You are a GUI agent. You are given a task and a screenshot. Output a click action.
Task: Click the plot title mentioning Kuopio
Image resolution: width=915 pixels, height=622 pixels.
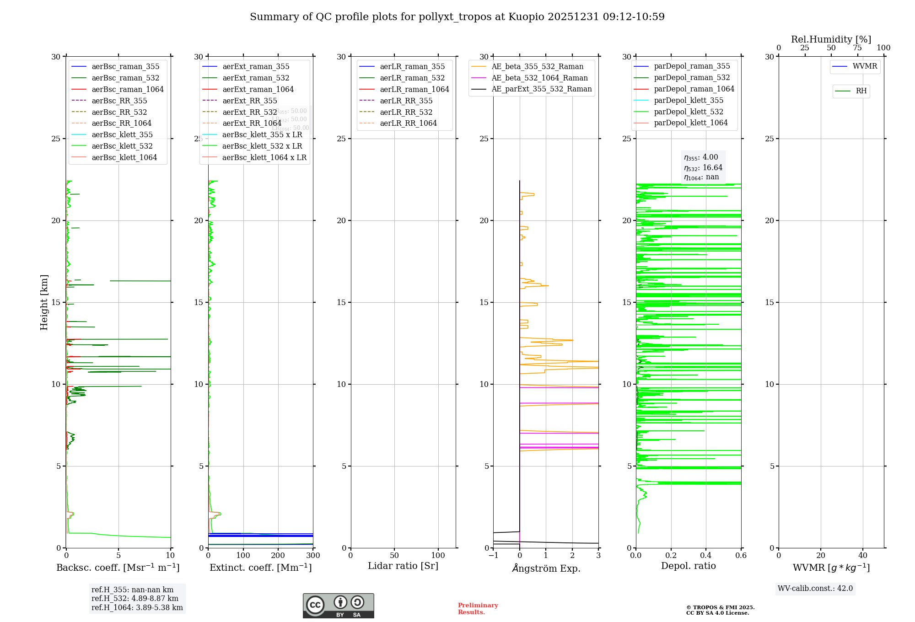coord(457,17)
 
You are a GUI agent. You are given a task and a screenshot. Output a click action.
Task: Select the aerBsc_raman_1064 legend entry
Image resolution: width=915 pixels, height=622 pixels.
coord(127,89)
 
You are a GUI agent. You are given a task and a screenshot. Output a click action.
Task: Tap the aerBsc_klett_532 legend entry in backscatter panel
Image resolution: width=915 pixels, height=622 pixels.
coord(122,146)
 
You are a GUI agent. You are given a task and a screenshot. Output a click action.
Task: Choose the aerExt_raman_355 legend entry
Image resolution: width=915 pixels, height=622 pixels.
coord(256,67)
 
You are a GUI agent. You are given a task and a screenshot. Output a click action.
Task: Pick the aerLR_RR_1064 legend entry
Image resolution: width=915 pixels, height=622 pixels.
coord(408,123)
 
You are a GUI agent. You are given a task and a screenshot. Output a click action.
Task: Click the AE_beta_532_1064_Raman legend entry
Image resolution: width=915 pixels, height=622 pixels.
coord(539,78)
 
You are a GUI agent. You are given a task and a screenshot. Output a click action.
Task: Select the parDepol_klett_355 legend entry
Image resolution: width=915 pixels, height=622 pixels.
coord(689,100)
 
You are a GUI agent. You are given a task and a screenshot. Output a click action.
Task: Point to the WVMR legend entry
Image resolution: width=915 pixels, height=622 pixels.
coord(865,66)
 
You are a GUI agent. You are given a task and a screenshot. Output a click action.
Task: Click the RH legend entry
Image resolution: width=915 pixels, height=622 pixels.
coord(861,91)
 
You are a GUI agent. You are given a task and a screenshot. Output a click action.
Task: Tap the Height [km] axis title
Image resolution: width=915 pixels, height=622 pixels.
coord(44,302)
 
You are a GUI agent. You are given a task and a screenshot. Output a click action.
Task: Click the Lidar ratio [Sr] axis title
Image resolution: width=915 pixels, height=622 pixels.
coord(403,566)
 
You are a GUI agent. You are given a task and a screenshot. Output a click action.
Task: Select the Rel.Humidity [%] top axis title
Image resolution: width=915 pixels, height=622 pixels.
coord(831,39)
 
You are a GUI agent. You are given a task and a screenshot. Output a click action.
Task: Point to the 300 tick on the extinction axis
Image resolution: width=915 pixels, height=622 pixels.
coord(313,556)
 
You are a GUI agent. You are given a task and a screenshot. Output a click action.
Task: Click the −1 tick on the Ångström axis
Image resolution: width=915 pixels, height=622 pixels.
coord(493,556)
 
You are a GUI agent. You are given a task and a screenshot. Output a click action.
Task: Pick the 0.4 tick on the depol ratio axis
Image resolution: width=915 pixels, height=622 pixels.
coord(706,556)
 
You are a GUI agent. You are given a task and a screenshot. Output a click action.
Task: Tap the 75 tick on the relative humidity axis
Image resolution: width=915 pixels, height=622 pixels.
coord(857,48)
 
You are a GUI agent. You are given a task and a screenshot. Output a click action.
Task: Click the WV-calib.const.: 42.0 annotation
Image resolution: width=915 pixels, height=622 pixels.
coord(815,588)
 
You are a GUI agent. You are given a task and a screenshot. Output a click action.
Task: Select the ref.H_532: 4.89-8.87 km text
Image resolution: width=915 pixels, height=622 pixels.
coord(135,598)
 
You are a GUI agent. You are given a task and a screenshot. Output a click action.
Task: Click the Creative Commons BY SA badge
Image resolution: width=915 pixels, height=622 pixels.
coord(338,606)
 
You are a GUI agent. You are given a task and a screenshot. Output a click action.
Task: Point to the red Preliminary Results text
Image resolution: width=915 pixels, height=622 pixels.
coord(478,609)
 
